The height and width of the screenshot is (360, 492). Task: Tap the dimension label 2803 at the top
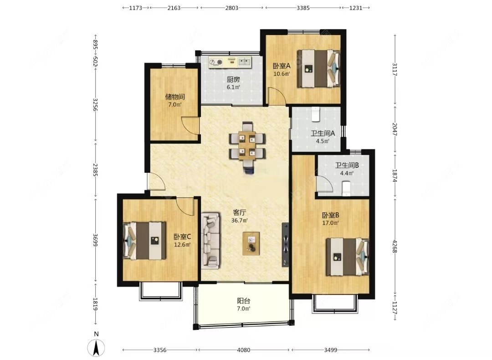coord(231,8)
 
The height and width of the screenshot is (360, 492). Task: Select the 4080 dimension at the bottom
coord(244,350)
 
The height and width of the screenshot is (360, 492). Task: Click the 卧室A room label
coord(282,66)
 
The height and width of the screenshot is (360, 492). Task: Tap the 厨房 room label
coord(233,80)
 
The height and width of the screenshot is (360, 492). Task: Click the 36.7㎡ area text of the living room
coord(240,221)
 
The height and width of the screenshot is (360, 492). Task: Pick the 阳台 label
coord(243,301)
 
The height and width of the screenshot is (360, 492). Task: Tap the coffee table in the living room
coord(251,243)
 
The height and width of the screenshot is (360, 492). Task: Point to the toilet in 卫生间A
coord(315,114)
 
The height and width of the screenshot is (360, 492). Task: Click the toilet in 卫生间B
coord(346,189)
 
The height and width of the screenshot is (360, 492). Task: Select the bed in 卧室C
coord(144,241)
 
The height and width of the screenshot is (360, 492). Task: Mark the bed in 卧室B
coord(347,257)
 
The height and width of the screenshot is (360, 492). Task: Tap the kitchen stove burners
coord(216,62)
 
